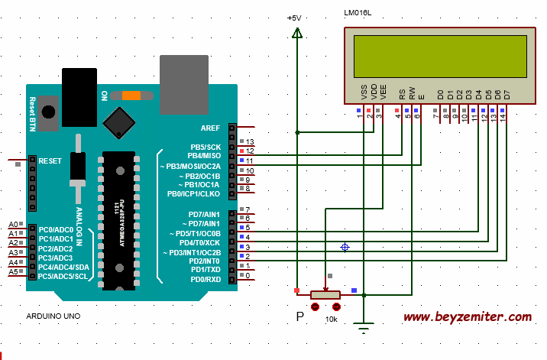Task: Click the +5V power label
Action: (x=294, y=18)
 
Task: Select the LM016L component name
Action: (x=358, y=13)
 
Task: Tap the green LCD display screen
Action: (x=440, y=57)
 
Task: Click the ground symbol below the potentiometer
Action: (x=364, y=328)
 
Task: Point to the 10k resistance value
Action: (x=331, y=319)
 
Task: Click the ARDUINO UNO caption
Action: (x=53, y=316)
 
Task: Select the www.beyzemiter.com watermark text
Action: (x=468, y=317)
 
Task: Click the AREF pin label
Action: (x=210, y=128)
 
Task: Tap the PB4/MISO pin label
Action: (x=204, y=156)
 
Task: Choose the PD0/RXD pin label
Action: (x=206, y=279)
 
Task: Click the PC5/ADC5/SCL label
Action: (x=63, y=276)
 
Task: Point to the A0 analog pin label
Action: (x=13, y=224)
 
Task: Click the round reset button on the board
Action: (x=48, y=112)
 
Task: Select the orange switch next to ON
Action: (x=131, y=96)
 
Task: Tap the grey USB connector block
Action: (x=184, y=85)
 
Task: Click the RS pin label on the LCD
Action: (x=402, y=94)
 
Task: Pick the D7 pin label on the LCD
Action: (x=507, y=95)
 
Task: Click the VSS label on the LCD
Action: (x=364, y=92)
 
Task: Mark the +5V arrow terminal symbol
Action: (x=297, y=33)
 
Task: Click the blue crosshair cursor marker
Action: (x=345, y=247)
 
